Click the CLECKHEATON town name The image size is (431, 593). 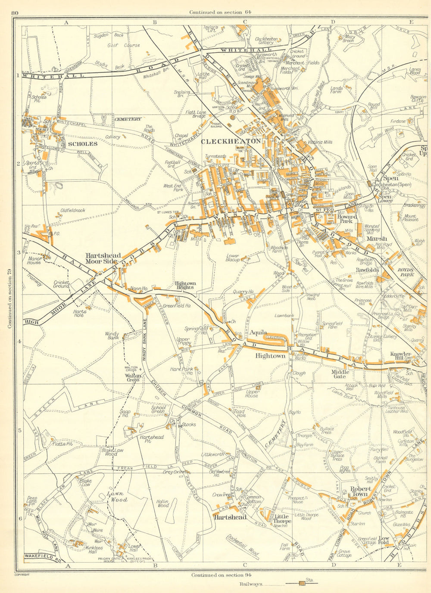click(x=231, y=141)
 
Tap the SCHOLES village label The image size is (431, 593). click(x=82, y=144)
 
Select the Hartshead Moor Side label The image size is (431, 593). click(x=103, y=258)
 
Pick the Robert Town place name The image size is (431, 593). click(x=361, y=491)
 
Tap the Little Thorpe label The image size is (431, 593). click(x=283, y=518)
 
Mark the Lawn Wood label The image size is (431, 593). click(x=117, y=497)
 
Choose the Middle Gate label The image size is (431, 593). click(x=339, y=373)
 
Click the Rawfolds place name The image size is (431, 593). click(x=367, y=270)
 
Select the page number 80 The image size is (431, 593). click(x=15, y=13)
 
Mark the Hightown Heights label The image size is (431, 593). click(x=185, y=286)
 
